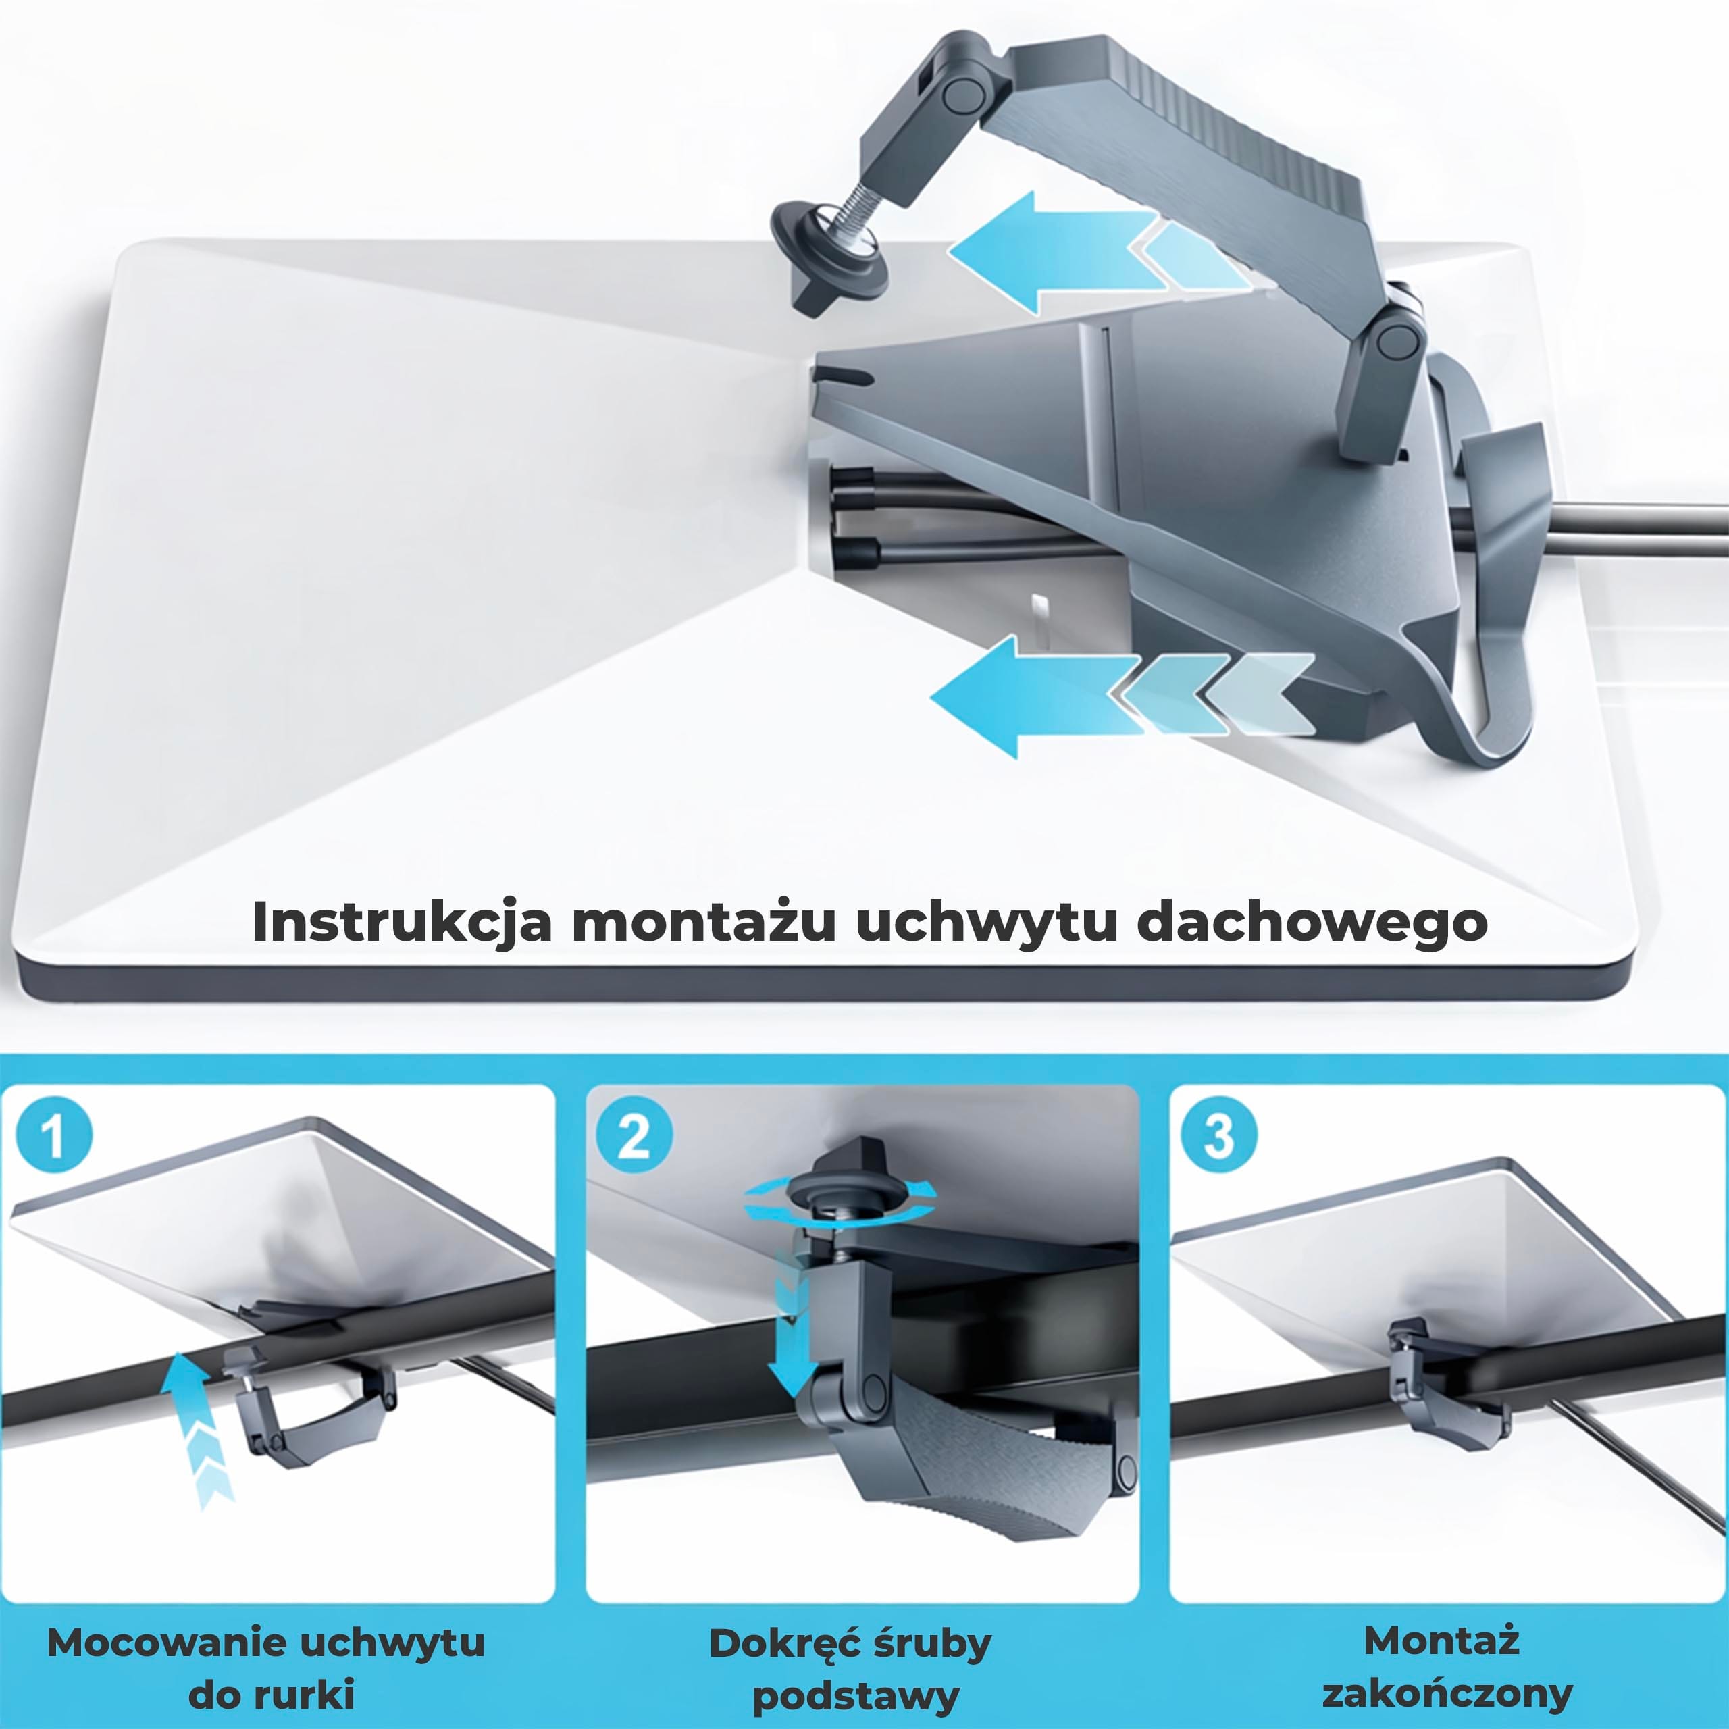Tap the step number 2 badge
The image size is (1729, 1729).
pos(634,1137)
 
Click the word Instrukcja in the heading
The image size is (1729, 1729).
pos(402,923)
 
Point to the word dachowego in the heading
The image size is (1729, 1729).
pos(1312,923)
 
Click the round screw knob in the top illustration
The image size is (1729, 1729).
pos(831,258)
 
